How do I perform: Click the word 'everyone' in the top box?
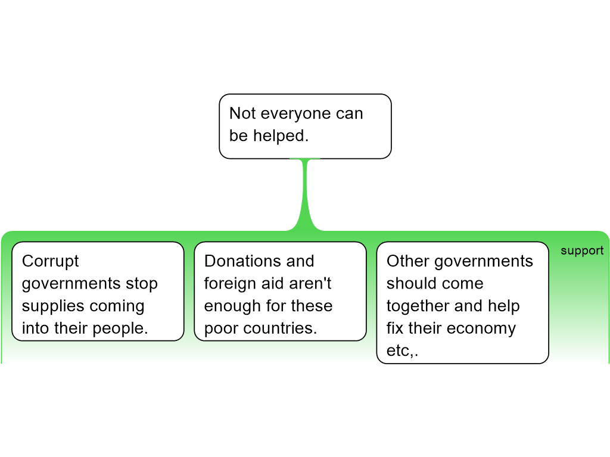296,114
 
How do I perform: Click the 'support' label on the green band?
582,251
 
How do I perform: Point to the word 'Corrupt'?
51,262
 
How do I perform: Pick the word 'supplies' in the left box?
51,306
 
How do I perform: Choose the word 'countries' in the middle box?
278,328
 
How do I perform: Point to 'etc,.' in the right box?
402,351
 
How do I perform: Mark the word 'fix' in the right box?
395,328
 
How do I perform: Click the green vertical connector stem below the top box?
305,195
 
